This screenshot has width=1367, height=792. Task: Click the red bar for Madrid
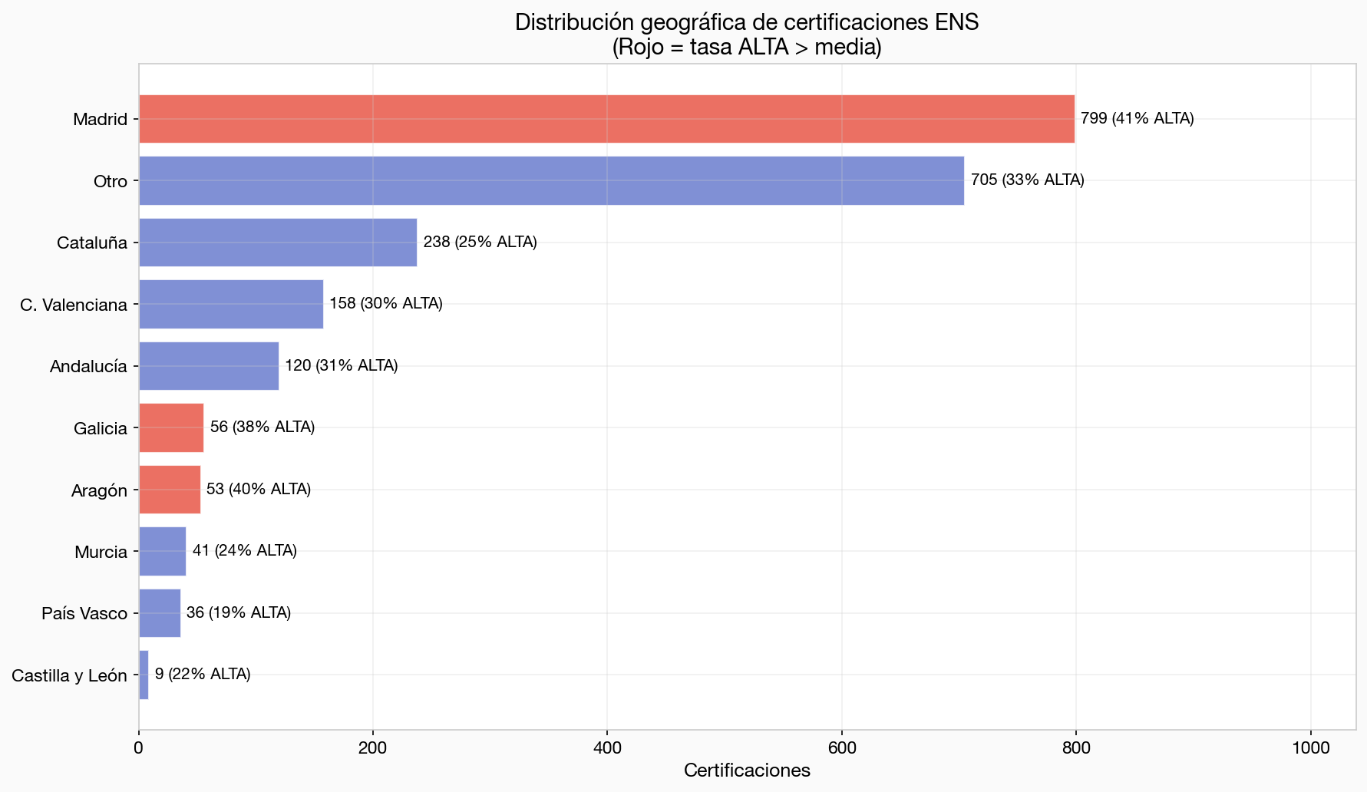point(606,119)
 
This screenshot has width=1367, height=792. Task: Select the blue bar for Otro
point(551,181)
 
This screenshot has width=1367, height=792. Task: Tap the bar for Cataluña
point(278,243)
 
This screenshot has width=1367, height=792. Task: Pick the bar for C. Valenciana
point(231,305)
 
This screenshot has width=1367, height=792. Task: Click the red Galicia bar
point(171,428)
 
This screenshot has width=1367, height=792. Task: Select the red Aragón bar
point(170,490)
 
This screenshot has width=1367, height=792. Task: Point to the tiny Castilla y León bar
point(144,675)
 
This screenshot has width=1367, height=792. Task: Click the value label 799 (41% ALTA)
point(1137,119)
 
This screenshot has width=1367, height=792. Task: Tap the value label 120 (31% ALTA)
point(341,366)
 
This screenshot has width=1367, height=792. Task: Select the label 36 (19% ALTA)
point(238,613)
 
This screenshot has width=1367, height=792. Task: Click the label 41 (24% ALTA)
point(244,551)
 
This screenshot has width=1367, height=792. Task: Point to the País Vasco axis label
point(84,614)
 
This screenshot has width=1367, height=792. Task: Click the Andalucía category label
point(88,367)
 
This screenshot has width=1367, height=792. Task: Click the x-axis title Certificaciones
point(747,771)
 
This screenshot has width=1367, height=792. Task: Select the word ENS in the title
point(957,22)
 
